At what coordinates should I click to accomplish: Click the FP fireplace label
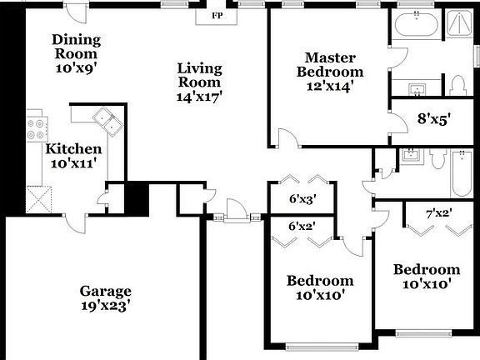pyautogui.click(x=217, y=16)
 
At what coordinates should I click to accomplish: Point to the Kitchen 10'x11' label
pyautogui.click(x=75, y=156)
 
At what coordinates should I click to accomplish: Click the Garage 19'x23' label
pyautogui.click(x=106, y=298)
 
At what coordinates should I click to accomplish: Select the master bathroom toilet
pyautogui.click(x=457, y=82)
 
